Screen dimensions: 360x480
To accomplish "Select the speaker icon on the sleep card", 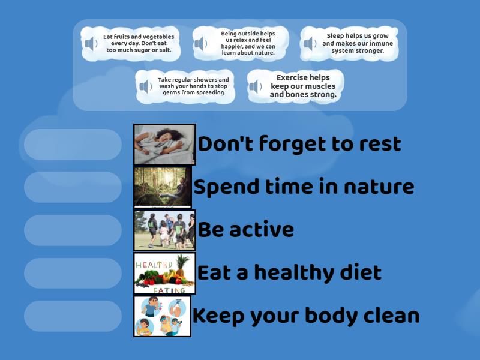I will point(310,44).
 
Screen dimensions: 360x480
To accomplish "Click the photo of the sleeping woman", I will point(164,145).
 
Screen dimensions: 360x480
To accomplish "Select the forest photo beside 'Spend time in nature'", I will point(163,187).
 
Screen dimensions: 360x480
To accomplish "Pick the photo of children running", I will point(164,230).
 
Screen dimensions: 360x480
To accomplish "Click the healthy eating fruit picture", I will point(164,273).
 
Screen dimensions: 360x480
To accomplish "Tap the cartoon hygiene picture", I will point(163,316).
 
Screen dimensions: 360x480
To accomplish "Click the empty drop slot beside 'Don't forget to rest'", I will point(73,145).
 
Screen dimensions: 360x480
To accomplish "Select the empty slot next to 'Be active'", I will point(73,230).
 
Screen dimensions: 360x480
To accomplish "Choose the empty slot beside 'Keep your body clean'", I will point(73,316).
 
